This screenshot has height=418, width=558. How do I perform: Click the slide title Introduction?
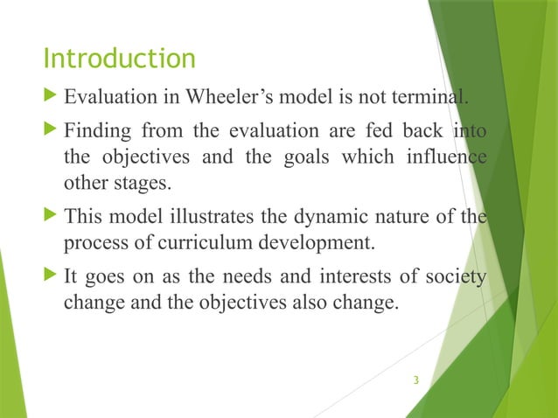pyautogui.click(x=120, y=59)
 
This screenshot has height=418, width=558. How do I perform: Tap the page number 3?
pyautogui.click(x=416, y=380)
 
